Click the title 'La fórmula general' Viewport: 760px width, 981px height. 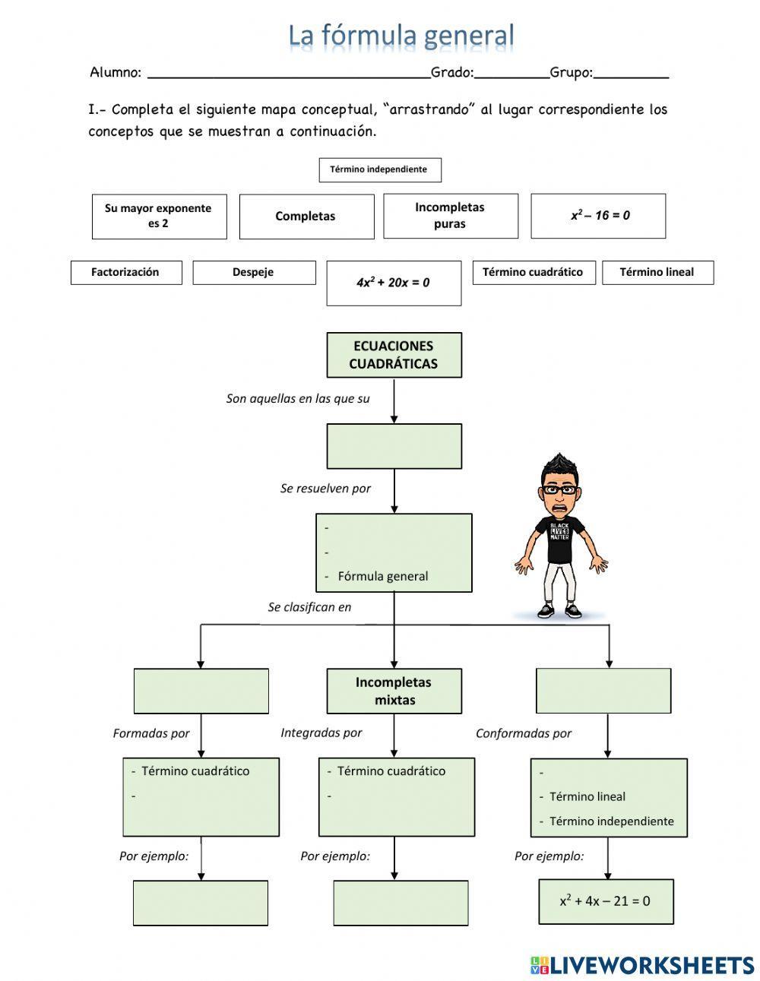pos(401,35)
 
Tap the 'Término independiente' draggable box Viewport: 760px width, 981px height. pos(379,169)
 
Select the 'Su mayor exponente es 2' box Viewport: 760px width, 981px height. pos(159,216)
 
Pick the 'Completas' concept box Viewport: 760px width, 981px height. pos(306,216)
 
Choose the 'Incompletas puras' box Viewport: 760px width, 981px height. pos(450,215)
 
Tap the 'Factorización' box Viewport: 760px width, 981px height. pos(126,272)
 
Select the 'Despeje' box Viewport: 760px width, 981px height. pos(254,272)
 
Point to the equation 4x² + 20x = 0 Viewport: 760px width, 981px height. pos(393,283)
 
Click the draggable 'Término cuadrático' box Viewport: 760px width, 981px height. pos(533,272)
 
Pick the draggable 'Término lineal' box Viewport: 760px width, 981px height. pos(657,272)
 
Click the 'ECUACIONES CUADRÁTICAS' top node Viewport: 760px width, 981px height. pos(394,354)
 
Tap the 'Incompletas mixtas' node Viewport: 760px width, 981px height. pos(394,691)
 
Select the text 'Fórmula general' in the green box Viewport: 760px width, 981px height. pos(383,576)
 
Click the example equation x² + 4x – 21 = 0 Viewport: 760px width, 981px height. pos(605,901)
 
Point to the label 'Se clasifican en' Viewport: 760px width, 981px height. pos(309,607)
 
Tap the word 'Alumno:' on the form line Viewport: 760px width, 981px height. pos(116,73)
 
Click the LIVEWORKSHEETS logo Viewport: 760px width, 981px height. pos(641,965)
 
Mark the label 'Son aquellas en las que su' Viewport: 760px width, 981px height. pos(298,398)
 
